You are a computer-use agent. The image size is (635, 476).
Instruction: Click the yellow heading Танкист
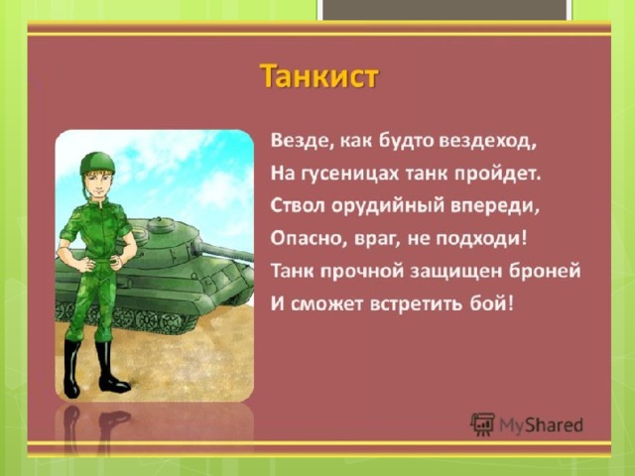click(x=319, y=76)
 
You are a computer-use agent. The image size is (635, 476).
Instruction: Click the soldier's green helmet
click(x=97, y=163)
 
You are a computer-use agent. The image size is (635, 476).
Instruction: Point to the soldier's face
click(x=98, y=184)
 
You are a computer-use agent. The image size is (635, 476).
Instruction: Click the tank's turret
click(x=170, y=240)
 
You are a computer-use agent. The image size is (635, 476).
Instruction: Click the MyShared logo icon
click(x=482, y=424)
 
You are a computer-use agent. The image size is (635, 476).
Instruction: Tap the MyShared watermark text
click(x=541, y=425)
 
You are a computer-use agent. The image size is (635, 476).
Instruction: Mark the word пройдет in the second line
click(x=498, y=175)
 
